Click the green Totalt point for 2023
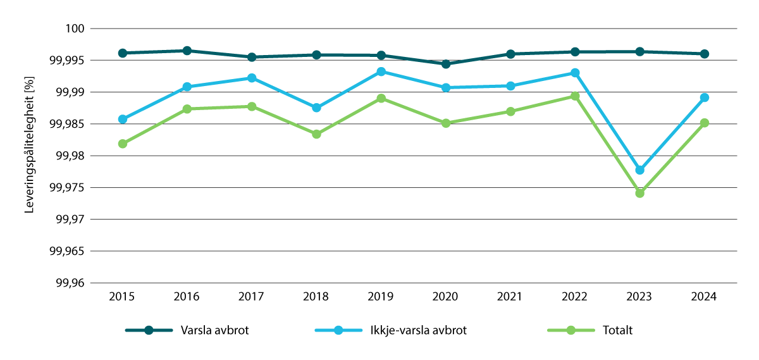click(x=639, y=193)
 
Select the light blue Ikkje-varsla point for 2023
click(x=639, y=170)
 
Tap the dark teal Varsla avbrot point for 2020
click(x=446, y=64)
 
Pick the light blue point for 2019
click(x=381, y=71)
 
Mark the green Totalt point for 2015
click(x=123, y=144)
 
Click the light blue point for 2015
click(x=123, y=119)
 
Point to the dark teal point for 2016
click(x=187, y=51)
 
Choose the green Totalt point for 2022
click(x=575, y=96)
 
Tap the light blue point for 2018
click(x=316, y=108)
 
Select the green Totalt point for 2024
click(x=704, y=123)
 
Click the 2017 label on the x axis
click(x=252, y=297)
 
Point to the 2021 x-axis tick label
click(x=510, y=297)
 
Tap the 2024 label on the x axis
click(x=704, y=297)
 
